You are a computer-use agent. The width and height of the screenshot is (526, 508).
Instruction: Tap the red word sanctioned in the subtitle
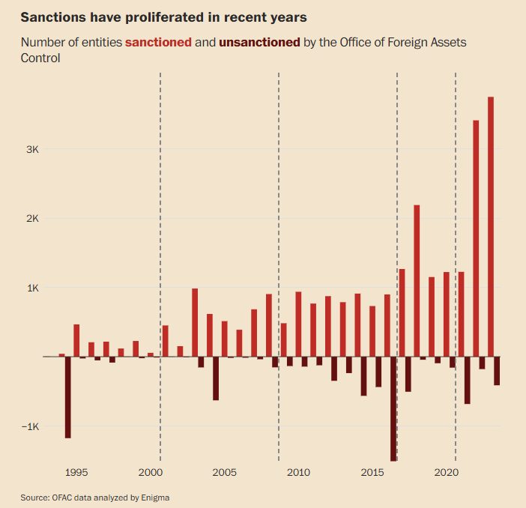pos(158,42)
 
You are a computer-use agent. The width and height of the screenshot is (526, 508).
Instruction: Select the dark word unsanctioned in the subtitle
pos(259,42)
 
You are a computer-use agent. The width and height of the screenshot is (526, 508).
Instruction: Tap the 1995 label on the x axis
pos(76,473)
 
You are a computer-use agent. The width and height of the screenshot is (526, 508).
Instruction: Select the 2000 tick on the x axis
pos(150,473)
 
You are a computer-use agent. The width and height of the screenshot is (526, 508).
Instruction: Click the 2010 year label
pos(298,473)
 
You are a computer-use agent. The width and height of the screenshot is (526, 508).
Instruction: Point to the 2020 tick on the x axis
pos(446,473)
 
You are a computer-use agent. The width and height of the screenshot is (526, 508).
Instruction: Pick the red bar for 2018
pos(417,281)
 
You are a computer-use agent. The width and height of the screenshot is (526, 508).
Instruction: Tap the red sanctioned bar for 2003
pos(195,323)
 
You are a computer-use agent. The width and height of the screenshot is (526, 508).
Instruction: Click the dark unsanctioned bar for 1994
pos(68,397)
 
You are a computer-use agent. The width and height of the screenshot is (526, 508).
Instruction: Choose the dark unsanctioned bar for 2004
pos(216,378)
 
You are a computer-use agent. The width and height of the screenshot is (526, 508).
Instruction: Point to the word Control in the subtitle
pos(40,57)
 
